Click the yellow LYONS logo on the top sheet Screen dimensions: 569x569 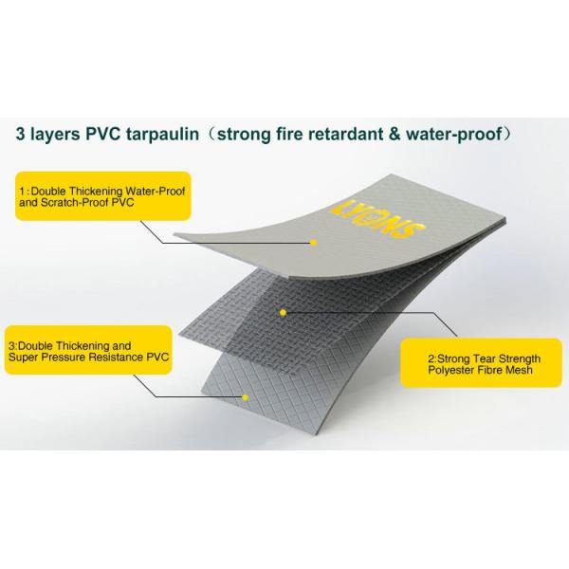click(377, 220)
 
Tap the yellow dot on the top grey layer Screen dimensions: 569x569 click(314, 243)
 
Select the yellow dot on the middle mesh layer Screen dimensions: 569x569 click(283, 312)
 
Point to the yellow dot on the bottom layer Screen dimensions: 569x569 click(246, 397)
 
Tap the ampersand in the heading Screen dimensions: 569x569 click(393, 134)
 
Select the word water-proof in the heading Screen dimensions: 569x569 click(453, 135)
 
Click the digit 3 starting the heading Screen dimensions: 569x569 click(20, 134)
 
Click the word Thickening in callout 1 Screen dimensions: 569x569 click(96, 191)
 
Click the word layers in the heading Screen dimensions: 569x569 click(55, 135)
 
